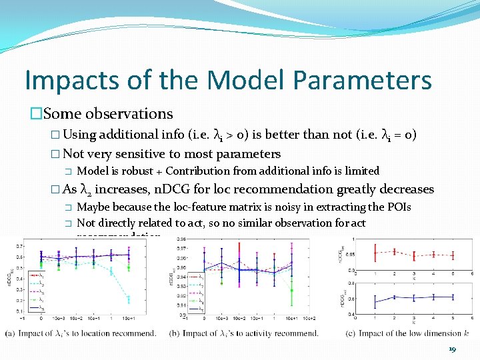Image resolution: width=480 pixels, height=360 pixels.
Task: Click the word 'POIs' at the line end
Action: point(399,207)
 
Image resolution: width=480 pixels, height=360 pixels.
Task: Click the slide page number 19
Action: point(453,349)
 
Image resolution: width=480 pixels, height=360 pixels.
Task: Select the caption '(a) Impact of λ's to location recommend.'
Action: point(81,333)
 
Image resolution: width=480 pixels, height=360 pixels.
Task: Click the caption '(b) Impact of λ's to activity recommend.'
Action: point(244,333)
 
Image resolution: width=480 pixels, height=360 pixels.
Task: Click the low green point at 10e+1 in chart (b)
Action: point(291,290)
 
